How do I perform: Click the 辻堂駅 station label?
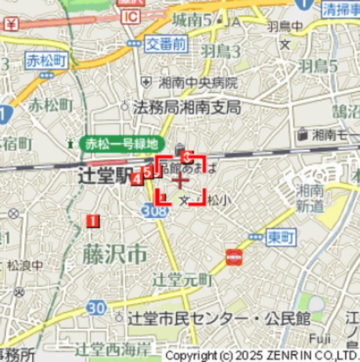(105, 174)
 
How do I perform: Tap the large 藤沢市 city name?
(115, 255)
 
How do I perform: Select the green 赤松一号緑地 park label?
(122, 144)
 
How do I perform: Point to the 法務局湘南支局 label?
(187, 107)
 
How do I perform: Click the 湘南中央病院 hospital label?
(198, 83)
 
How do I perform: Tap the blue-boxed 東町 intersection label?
(280, 238)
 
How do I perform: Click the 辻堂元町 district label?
(183, 279)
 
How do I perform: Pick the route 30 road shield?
(96, 308)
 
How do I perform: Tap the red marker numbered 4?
(136, 179)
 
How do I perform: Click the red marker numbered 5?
(148, 172)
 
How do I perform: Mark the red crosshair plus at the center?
(180, 181)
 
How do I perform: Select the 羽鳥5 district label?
(318, 66)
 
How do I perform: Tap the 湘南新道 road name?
(309, 197)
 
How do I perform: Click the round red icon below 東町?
(234, 258)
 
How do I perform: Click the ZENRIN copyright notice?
(262, 356)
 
